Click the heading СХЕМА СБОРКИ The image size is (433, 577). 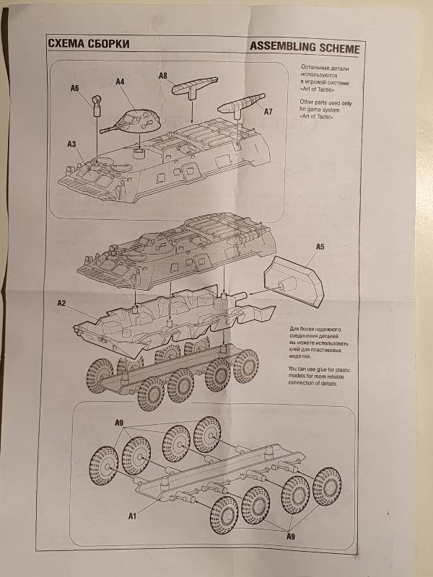click(88, 45)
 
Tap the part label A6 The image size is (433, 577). click(74, 89)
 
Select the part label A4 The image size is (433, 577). click(119, 82)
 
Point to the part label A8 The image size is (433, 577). click(162, 75)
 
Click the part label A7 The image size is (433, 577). click(268, 112)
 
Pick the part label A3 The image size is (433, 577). click(71, 144)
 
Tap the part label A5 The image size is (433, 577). click(321, 247)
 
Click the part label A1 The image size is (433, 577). click(131, 516)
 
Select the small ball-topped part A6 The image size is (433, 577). click(96, 107)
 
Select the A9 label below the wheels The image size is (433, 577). click(290, 537)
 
